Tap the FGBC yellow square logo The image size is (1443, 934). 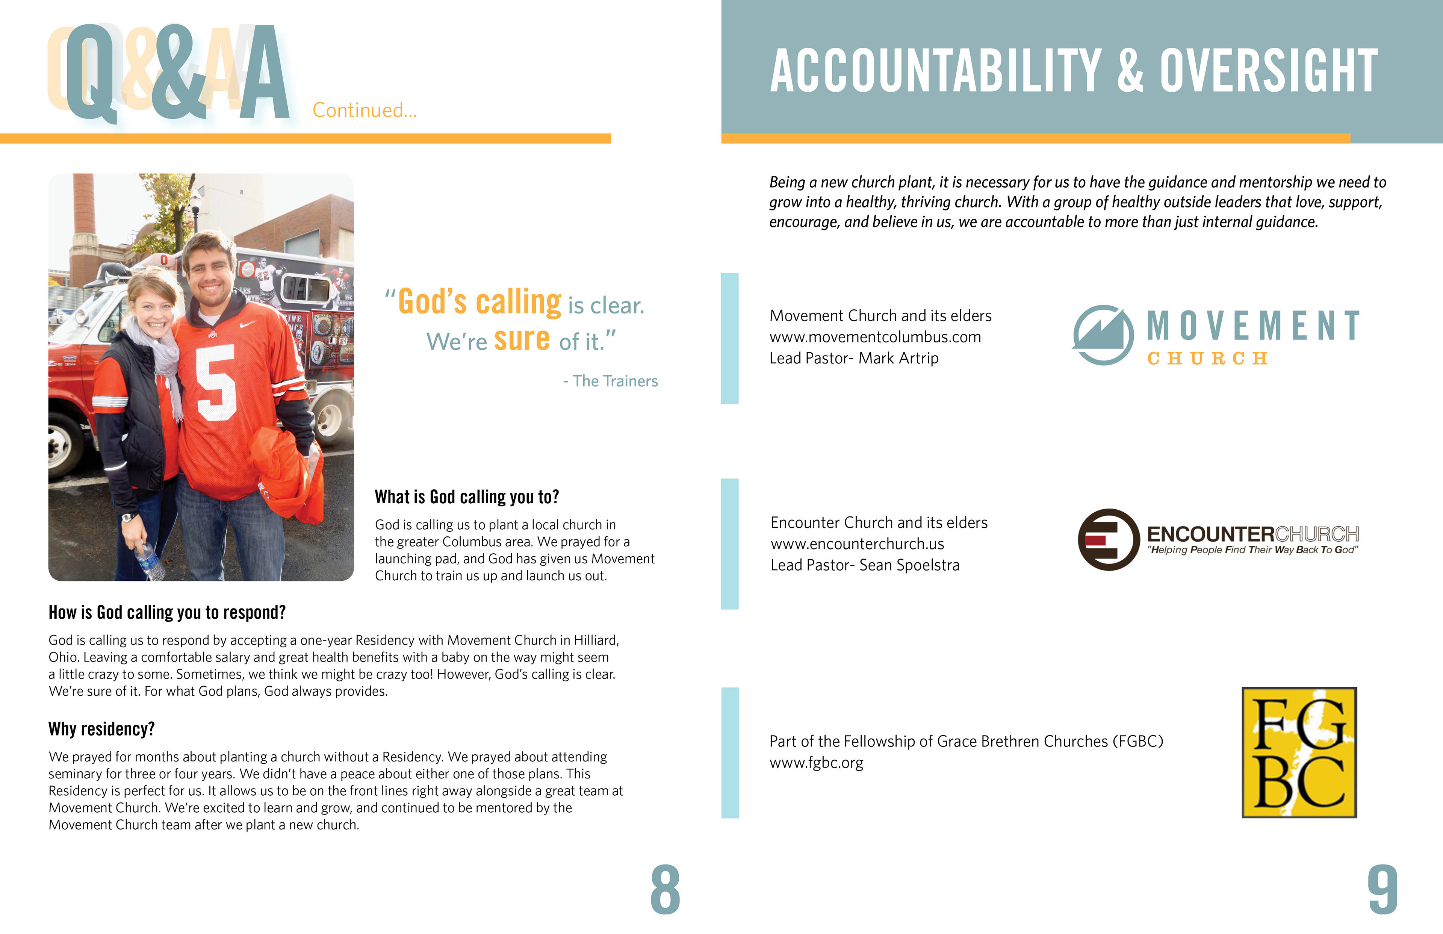click(1299, 753)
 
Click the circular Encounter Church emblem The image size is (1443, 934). click(1108, 539)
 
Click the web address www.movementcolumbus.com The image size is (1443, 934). click(875, 337)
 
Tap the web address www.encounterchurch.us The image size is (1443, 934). click(857, 544)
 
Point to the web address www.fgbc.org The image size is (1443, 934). click(816, 763)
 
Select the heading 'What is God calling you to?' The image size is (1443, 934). click(467, 497)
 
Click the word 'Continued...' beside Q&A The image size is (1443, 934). click(365, 111)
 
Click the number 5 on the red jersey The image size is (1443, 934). click(216, 382)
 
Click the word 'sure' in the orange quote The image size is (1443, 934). click(522, 340)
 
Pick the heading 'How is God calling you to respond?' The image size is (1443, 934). click(167, 613)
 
